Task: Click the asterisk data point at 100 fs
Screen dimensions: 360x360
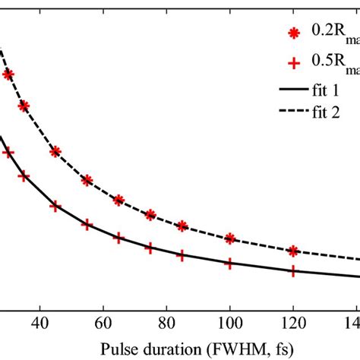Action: coord(229,238)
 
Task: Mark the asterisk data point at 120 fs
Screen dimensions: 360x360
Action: coord(293,251)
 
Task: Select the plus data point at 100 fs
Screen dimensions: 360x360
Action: coord(229,264)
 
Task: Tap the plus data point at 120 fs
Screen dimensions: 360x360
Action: coord(293,271)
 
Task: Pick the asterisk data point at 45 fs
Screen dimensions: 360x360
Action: coord(55,151)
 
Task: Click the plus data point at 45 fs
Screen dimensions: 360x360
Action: coord(55,205)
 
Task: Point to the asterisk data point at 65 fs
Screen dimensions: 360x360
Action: coord(118,200)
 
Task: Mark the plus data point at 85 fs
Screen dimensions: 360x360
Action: coord(182,256)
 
